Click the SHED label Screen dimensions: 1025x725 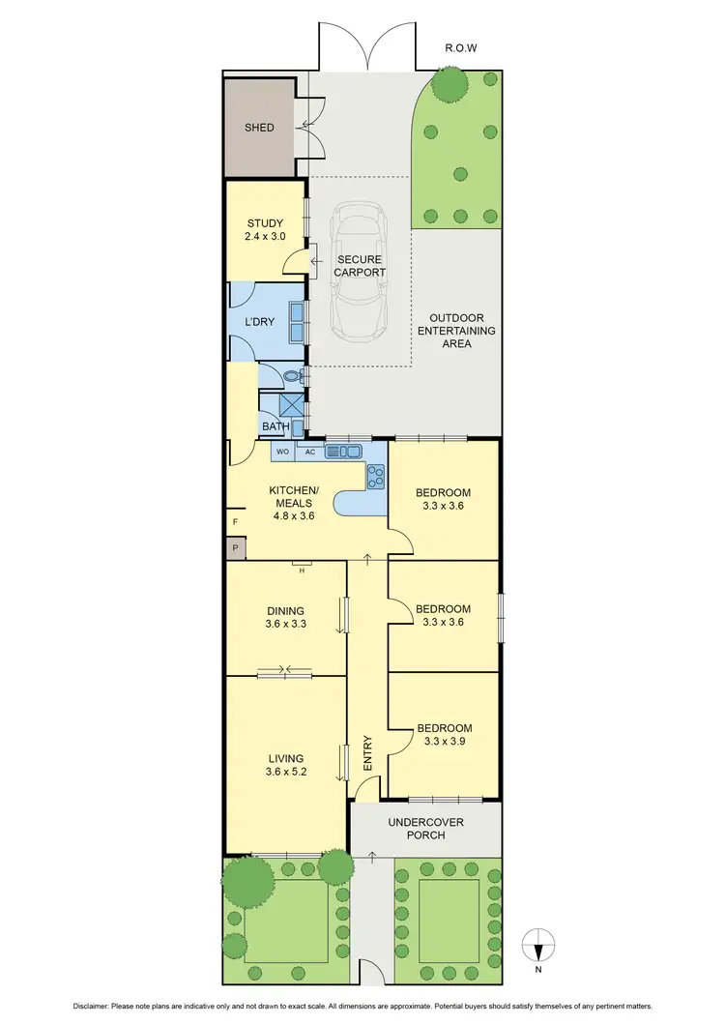259,128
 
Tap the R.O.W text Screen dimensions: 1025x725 462,46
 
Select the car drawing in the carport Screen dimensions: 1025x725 359,270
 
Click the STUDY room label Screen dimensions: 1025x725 264,223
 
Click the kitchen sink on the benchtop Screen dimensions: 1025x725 342,451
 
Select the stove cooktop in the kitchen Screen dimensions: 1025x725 375,475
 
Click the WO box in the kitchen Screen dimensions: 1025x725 283,452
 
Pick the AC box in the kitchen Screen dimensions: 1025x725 309,452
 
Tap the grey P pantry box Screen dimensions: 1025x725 235,548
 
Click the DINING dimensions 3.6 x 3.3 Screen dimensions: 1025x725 285,625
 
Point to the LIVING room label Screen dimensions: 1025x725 285,758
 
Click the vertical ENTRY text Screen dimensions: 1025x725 367,751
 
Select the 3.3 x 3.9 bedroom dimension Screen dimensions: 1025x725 444,743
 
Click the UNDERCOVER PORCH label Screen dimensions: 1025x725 425,828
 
